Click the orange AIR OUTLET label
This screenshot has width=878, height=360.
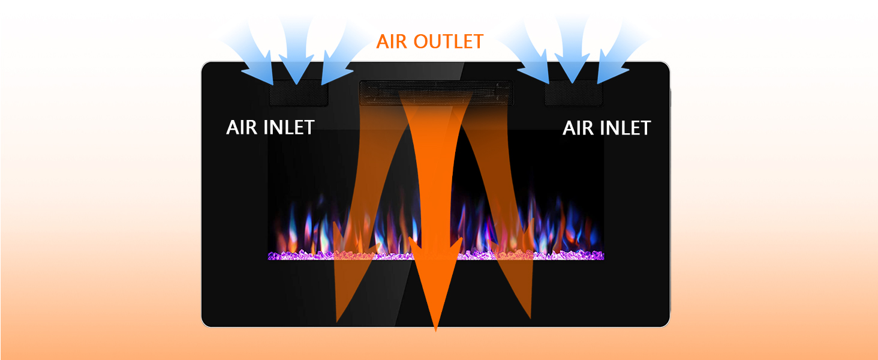pos(429,41)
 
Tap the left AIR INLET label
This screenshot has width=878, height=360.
pos(270,127)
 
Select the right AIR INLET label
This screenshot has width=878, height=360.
pos(606,128)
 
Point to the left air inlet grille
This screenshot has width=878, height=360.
pos(298,95)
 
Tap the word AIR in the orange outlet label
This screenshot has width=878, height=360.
pos(391,41)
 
